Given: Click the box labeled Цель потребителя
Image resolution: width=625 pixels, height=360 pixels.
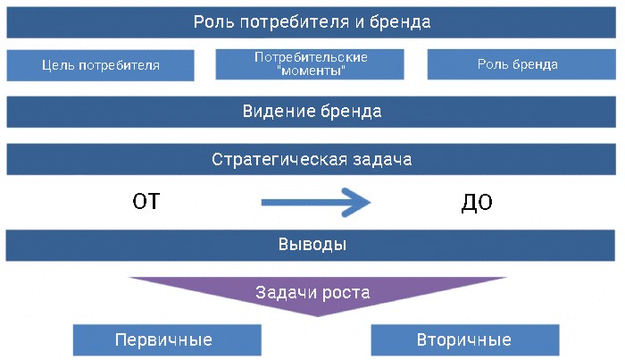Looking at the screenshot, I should click(100, 65).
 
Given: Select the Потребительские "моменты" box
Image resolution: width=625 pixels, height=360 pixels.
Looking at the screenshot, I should click(311, 63).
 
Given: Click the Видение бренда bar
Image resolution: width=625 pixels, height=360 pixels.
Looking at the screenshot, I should click(312, 112).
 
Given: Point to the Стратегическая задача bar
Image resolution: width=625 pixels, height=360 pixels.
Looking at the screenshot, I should click(312, 160).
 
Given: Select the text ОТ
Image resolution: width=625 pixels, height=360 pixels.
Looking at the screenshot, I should click(146, 203).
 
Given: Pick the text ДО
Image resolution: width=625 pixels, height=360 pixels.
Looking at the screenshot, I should click(477, 203).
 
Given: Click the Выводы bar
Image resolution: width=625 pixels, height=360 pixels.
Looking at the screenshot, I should click(312, 245).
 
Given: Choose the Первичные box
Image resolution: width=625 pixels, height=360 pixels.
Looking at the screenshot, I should click(167, 340).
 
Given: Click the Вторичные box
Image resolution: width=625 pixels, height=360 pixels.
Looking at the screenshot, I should click(464, 340).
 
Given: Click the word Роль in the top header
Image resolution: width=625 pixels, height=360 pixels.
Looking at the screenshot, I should click(213, 22).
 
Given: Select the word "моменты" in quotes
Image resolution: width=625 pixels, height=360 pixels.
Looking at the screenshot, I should click(311, 71).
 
